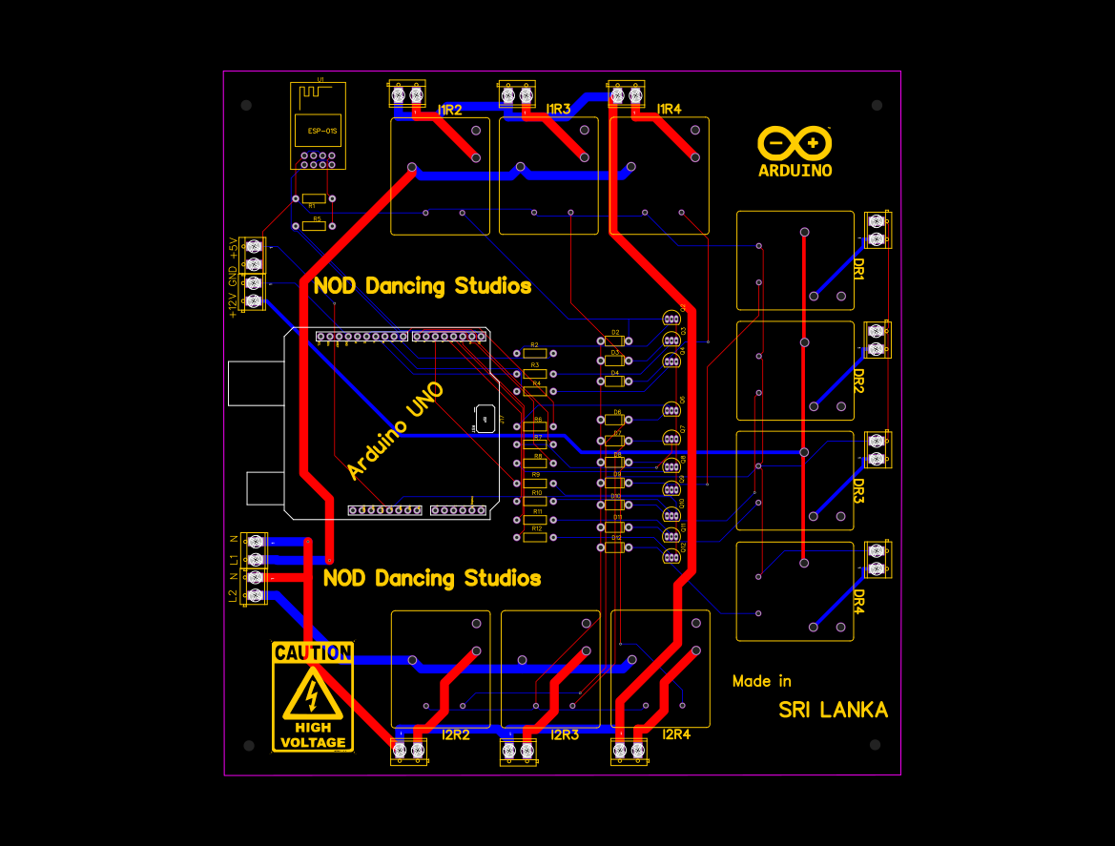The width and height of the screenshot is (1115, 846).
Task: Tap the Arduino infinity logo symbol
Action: point(795,144)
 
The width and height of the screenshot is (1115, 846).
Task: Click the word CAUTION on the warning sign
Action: point(313,653)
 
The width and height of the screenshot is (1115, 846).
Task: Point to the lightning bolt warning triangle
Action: point(312,694)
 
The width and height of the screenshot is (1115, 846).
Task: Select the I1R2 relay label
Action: point(449,111)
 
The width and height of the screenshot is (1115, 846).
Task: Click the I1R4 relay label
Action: point(669,110)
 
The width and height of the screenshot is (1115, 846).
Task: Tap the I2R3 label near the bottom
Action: point(565,735)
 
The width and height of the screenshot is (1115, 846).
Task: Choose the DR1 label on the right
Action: point(858,268)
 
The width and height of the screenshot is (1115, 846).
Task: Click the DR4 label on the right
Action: point(858,601)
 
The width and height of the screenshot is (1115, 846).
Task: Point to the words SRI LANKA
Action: point(833,711)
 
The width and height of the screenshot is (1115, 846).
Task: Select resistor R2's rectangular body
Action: point(535,354)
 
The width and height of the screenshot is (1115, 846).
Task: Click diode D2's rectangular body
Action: point(615,341)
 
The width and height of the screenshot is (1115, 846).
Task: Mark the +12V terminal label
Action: point(233,304)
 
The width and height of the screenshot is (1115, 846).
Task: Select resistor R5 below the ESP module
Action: point(316,226)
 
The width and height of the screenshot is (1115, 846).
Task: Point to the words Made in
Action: point(761,681)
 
